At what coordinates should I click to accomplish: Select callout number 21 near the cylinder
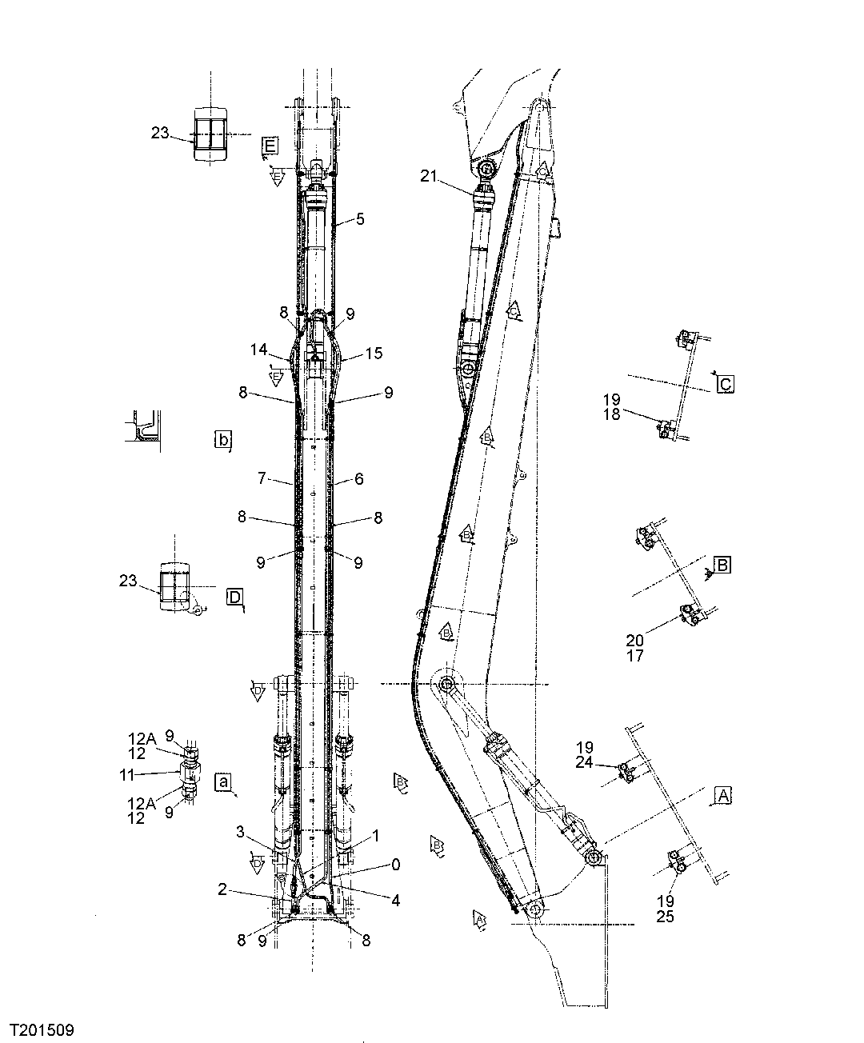point(430,177)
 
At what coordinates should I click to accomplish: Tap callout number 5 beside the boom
point(360,218)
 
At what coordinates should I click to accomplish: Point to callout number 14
point(258,350)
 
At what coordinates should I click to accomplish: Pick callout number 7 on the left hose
point(262,480)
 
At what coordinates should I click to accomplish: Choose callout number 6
point(359,479)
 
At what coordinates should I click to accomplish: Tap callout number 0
point(395,865)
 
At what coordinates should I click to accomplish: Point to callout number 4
point(395,900)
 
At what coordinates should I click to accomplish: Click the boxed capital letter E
point(270,145)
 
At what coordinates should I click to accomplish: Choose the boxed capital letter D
point(234,597)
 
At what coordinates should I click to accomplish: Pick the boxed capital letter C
point(726,384)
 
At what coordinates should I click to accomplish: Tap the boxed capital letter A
point(722,795)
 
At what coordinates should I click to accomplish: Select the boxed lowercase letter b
point(223,439)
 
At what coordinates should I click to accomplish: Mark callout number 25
point(665,917)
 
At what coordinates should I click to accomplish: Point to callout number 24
point(584,762)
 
